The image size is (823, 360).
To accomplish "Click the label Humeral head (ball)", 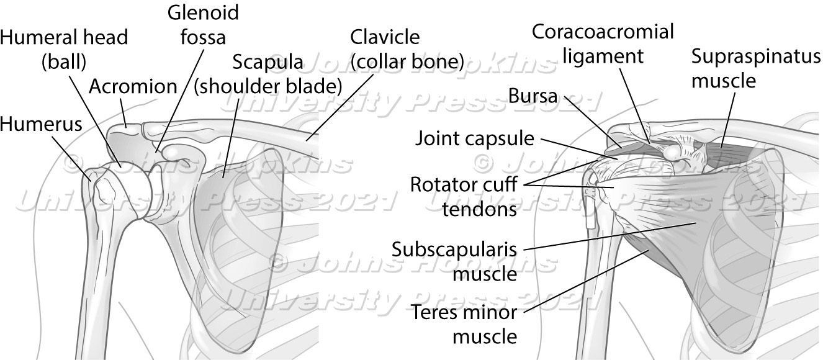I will tap(64, 48).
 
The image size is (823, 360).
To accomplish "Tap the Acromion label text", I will tap(133, 86).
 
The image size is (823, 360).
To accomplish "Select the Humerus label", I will tap(41, 124).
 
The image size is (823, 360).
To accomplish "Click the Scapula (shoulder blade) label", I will tap(268, 73).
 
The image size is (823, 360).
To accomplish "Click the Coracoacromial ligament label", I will tap(603, 43).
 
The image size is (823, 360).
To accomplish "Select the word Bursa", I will tap(533, 96).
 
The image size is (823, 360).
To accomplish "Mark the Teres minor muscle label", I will tap(464, 324).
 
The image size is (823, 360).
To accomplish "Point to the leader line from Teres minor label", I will tap(590, 281).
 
